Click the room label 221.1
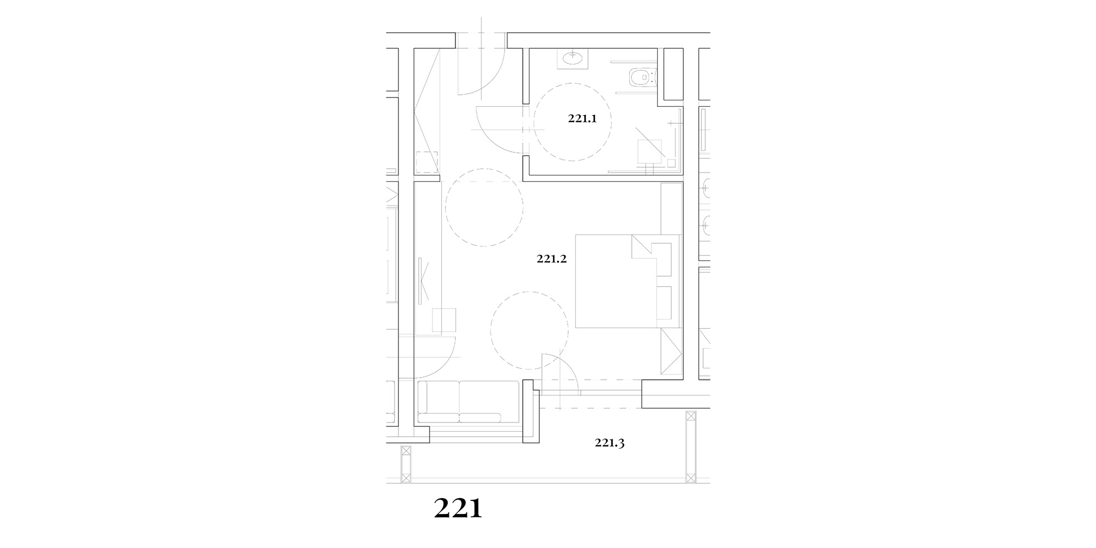[582, 118]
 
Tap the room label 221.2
[552, 259]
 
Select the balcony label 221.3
[610, 443]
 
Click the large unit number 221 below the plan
[458, 509]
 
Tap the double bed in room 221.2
[628, 281]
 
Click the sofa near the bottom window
[468, 402]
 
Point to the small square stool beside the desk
[444, 321]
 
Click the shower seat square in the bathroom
[650, 152]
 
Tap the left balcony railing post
[406, 464]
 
